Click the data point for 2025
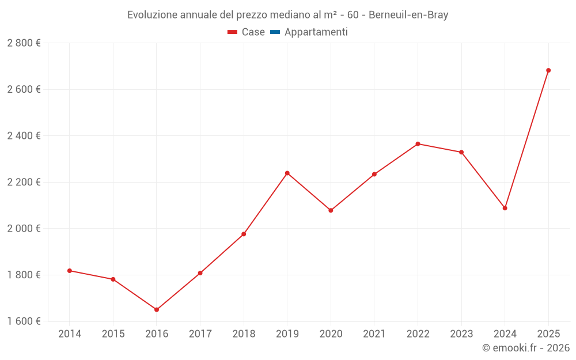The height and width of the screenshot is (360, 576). point(548,70)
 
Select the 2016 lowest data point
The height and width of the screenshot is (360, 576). point(157,310)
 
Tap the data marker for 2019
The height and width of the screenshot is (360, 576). point(287,173)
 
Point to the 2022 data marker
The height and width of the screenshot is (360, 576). point(418,144)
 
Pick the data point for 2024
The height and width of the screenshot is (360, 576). point(505,208)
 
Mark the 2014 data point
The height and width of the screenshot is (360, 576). point(70,271)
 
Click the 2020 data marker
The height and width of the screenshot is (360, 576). point(331,210)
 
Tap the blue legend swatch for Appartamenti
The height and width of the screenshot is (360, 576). point(275,32)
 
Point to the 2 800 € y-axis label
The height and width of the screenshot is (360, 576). point(24,43)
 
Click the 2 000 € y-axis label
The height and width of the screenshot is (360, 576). point(24,228)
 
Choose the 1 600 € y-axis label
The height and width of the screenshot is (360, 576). point(24,321)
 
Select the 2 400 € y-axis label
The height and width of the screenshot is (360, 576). point(24,136)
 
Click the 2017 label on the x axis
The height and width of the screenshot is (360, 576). point(200,334)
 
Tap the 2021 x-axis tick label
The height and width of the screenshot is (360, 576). point(374,334)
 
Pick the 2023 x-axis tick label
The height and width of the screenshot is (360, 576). point(461,334)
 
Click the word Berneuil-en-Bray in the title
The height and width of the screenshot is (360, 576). point(408,15)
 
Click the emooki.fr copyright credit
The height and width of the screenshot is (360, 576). point(526,348)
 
